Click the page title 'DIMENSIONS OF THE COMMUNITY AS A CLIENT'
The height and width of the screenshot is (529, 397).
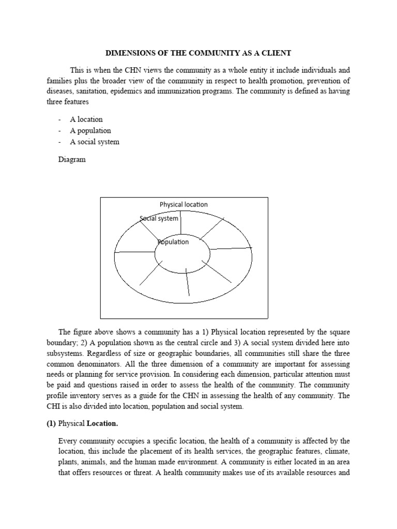198,53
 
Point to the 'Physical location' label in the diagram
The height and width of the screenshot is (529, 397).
184,205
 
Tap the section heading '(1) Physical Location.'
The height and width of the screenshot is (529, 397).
88,424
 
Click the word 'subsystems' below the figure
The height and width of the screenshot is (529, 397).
77,353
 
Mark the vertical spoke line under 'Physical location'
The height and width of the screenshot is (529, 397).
180,223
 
